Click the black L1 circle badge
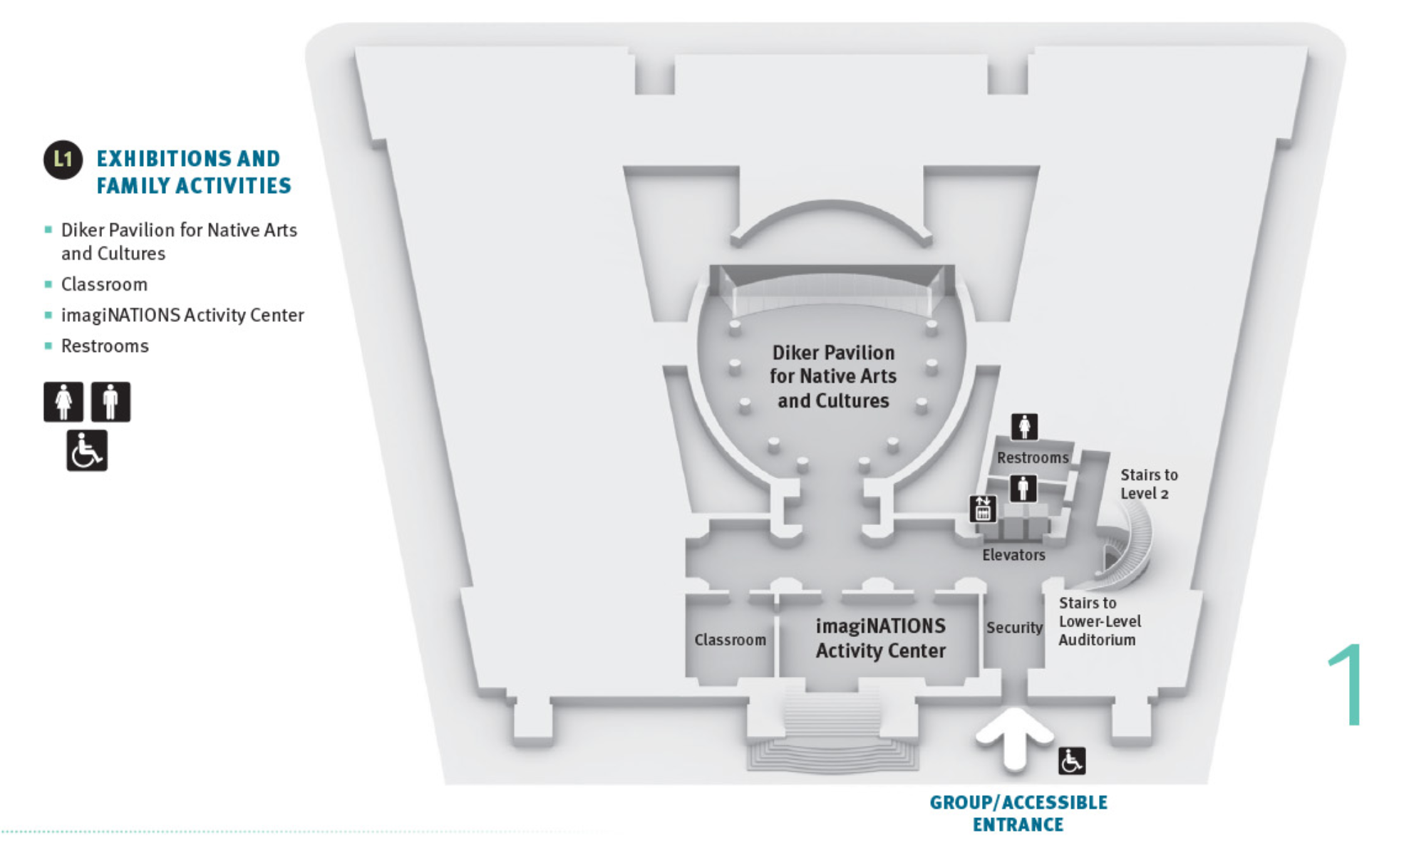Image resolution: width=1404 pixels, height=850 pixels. click(63, 160)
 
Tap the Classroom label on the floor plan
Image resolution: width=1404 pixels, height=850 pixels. click(731, 640)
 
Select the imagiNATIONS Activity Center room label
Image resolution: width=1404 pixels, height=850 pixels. click(881, 638)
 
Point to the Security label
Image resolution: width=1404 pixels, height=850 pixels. click(1014, 628)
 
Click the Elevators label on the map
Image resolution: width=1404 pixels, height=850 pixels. click(1013, 555)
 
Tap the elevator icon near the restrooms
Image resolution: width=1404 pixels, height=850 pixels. click(983, 509)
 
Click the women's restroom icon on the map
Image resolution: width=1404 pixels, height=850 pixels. click(1024, 427)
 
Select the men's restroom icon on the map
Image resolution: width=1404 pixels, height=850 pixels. click(1023, 489)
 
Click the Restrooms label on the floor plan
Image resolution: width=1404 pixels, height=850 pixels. click(1033, 457)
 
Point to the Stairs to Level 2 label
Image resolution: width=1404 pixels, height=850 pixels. click(1149, 484)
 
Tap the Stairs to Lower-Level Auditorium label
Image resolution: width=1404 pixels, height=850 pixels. click(1100, 621)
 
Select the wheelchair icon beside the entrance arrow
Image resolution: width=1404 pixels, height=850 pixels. click(1071, 761)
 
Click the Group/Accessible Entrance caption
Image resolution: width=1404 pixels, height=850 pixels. click(1018, 813)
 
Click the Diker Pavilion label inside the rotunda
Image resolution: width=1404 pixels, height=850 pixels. click(833, 376)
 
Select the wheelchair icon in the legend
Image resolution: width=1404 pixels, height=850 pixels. click(87, 450)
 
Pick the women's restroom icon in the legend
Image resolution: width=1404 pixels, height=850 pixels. click(63, 402)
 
